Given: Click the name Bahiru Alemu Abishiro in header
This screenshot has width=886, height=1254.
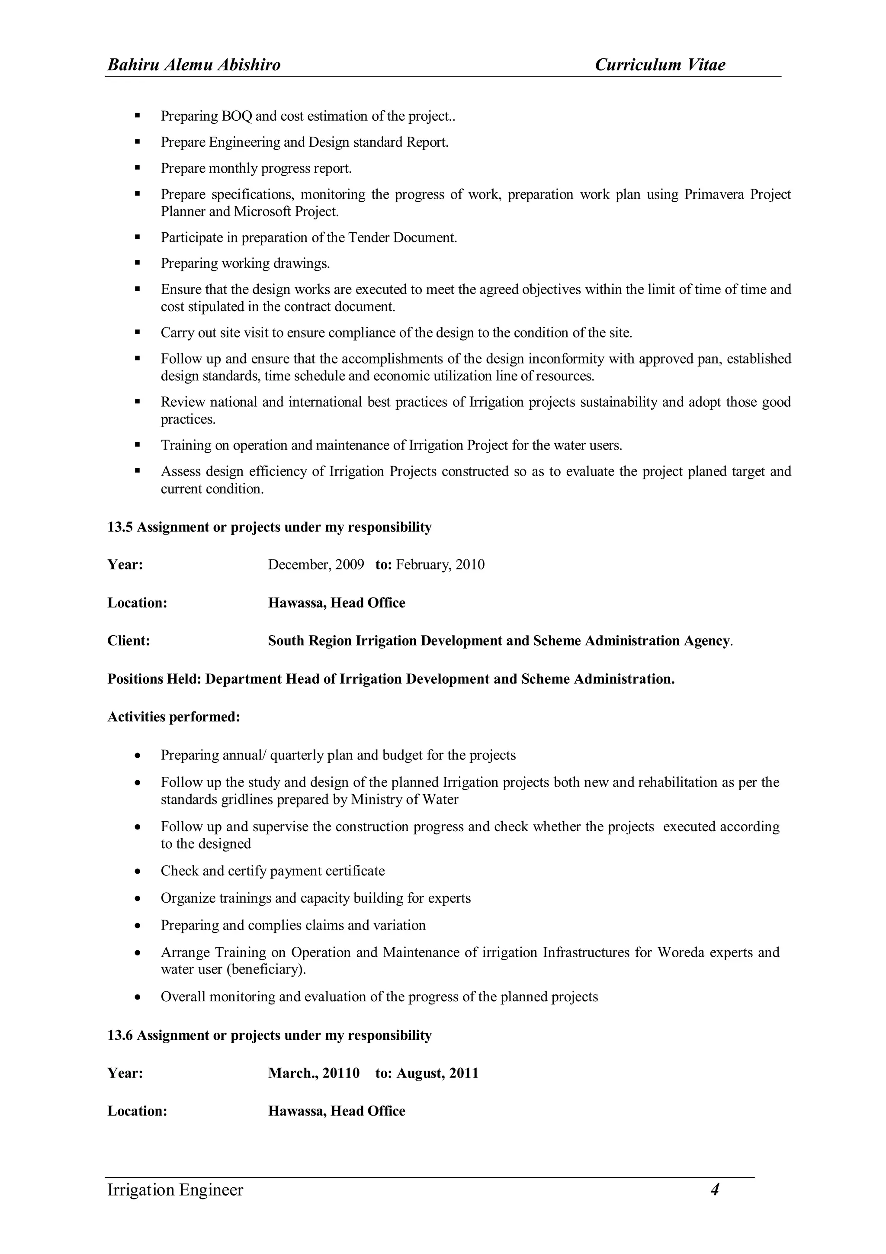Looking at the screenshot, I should pyautogui.click(x=194, y=65).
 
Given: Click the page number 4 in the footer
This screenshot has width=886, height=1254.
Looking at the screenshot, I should pyautogui.click(x=715, y=1189).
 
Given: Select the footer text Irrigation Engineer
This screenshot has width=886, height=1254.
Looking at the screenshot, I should pyautogui.click(x=175, y=1190).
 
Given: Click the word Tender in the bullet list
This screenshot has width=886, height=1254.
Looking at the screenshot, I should pyautogui.click(x=369, y=238).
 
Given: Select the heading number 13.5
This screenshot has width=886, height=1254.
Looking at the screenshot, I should pyautogui.click(x=119, y=527).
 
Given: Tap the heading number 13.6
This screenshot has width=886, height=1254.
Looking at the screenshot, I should pyautogui.click(x=119, y=1035).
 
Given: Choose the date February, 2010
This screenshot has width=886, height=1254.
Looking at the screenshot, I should pyautogui.click(x=440, y=564).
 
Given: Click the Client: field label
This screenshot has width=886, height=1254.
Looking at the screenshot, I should pyautogui.click(x=129, y=641).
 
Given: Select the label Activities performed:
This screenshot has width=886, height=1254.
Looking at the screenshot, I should pyautogui.click(x=173, y=717).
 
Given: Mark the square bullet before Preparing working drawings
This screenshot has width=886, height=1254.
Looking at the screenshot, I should pyautogui.click(x=138, y=263).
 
